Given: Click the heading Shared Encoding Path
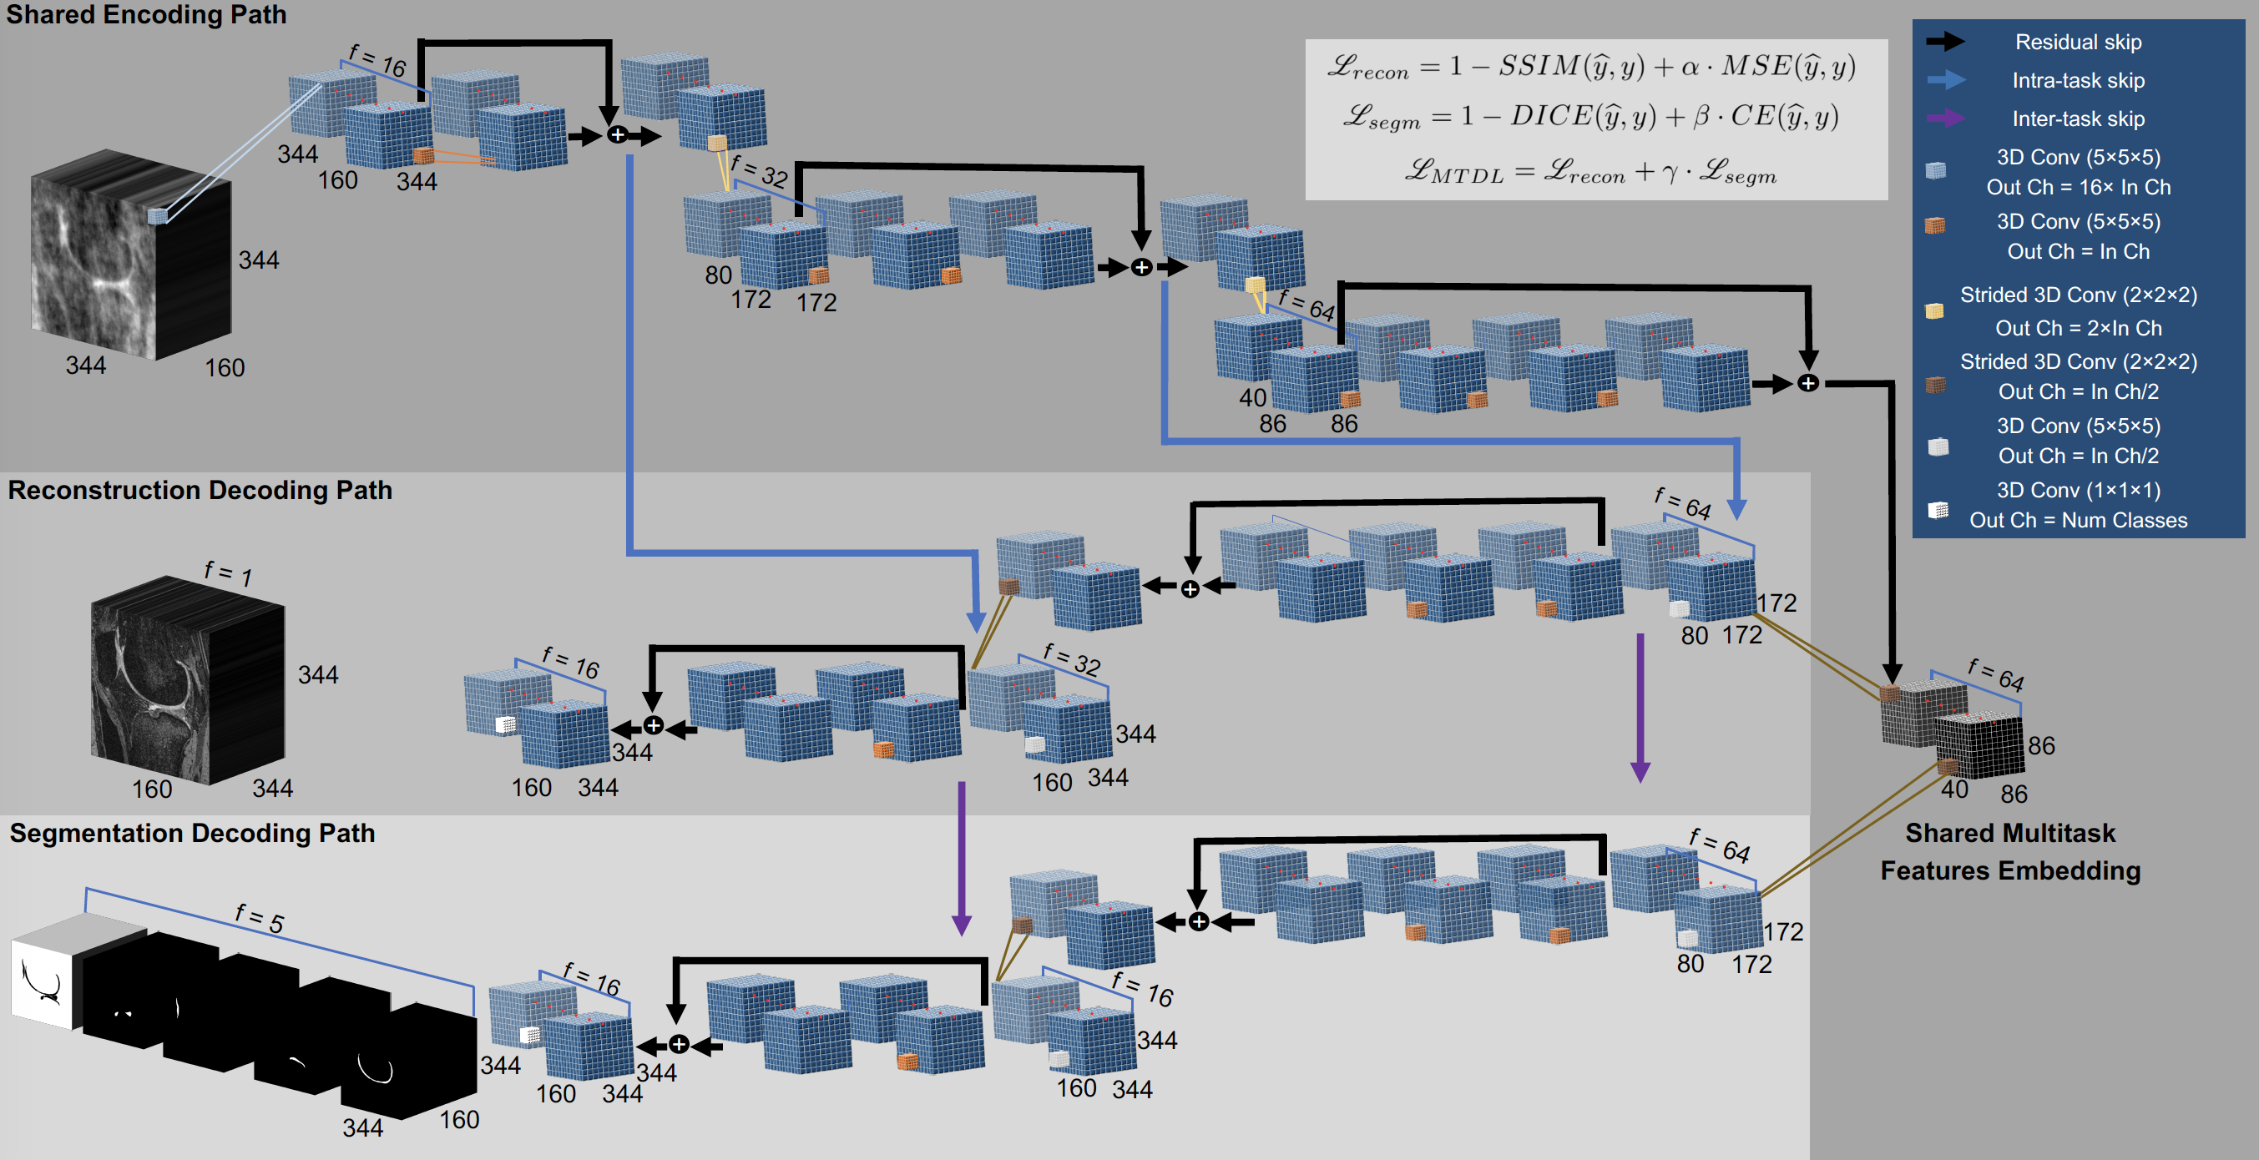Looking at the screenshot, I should (146, 15).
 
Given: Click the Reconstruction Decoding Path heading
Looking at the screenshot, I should (200, 490).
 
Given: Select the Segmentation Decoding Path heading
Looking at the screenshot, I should (192, 833).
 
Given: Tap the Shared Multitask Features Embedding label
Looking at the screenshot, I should (2010, 851).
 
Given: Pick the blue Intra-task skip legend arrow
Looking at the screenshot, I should (1945, 80).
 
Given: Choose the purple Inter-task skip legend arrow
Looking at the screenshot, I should (1945, 119).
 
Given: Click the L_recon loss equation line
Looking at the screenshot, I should (1591, 67).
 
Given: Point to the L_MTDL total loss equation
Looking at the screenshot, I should (1591, 171).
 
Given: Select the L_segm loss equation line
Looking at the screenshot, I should (1591, 118).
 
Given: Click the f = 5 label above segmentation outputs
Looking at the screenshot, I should (259, 918).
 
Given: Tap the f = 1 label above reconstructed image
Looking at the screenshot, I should (228, 574).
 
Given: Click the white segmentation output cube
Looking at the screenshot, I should (44, 973).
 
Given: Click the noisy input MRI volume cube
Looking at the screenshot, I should (131, 255).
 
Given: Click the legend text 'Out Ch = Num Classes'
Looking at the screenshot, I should (2079, 520).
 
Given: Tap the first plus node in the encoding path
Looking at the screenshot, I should (618, 135).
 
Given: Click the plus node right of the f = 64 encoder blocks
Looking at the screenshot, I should (1808, 383).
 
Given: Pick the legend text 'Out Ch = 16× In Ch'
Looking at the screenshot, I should (2079, 187).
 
